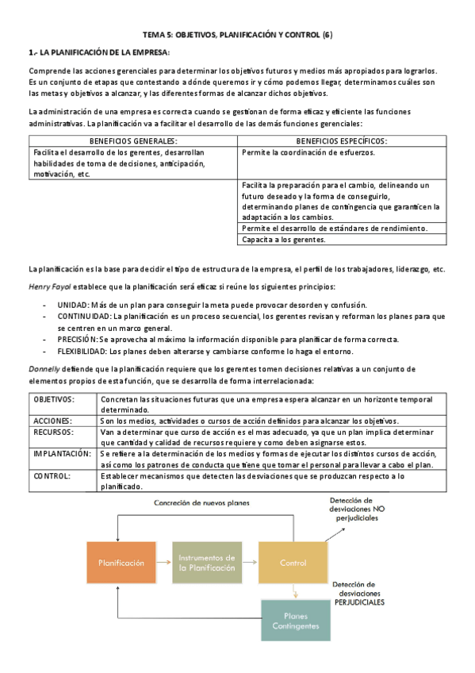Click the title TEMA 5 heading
tap(237, 35)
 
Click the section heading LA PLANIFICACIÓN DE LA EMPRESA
tap(99, 52)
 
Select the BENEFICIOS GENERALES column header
tap(132, 140)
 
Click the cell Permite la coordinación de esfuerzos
tap(309, 152)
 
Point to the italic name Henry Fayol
tap(49, 286)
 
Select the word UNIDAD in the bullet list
tap(73, 304)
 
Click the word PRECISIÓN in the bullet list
tap(78, 339)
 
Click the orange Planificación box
tap(121, 563)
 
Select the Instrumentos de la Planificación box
tap(207, 563)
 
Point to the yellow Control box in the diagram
tap(293, 563)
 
